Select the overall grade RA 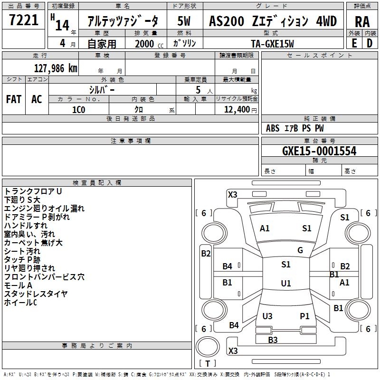tap(362, 21)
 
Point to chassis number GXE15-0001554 tap(319, 151)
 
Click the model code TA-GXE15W tap(272, 44)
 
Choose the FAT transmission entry tap(14, 99)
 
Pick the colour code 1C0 tap(78, 109)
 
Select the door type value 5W tap(184, 21)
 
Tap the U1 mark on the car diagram tap(285, 284)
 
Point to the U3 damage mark tap(267, 316)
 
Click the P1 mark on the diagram tap(304, 316)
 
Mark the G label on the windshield tap(300, 250)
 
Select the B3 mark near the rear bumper tap(273, 340)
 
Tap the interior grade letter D tap(370, 43)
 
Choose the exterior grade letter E tap(354, 43)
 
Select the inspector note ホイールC tap(20, 303)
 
